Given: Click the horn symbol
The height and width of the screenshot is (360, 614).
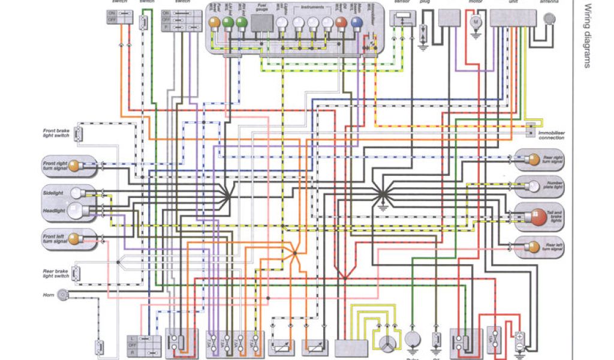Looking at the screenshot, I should coord(62,295).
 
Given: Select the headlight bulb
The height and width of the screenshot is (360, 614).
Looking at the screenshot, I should coord(75,210).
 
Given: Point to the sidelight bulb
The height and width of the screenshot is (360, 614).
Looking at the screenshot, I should coord(76,193).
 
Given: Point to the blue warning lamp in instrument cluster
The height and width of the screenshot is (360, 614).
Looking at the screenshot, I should coord(357,23).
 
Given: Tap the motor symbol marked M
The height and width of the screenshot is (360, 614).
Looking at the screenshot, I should coord(477,22).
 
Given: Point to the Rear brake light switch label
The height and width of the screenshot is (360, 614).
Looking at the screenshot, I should coord(56,273).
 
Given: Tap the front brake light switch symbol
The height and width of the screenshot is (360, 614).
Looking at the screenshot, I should coord(78,133).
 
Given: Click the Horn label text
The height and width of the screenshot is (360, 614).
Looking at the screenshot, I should coord(48,295).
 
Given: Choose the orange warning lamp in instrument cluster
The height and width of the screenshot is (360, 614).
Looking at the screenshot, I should coord(342,23).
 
